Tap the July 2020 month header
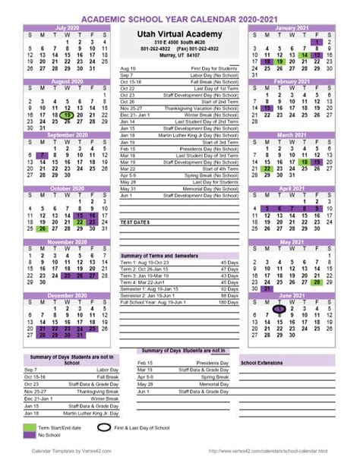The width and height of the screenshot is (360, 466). [x=67, y=26]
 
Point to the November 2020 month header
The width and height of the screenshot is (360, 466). [x=67, y=242]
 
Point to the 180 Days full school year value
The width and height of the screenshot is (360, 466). [x=226, y=302]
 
